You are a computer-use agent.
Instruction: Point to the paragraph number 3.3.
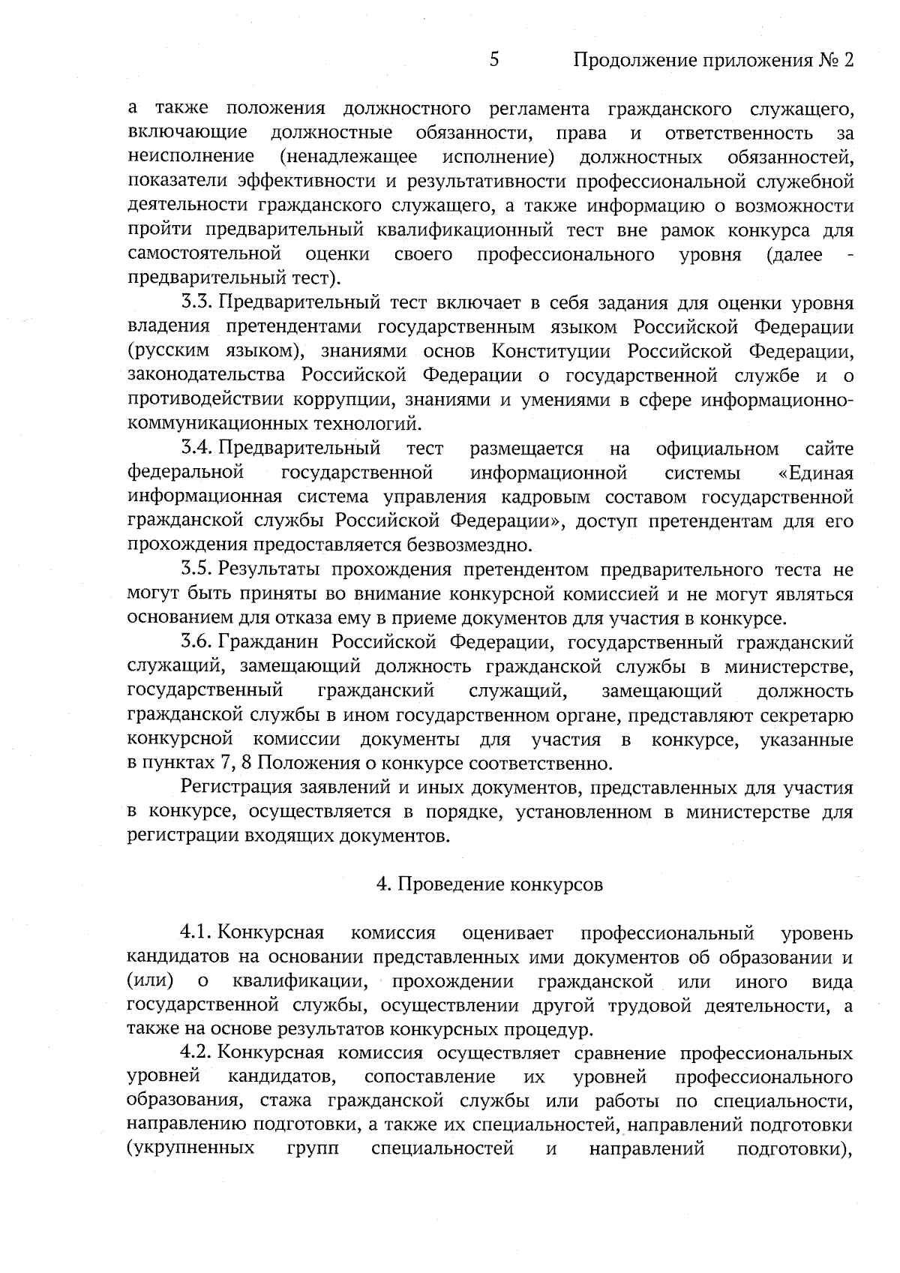point(198,303)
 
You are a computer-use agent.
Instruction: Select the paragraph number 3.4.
point(198,449)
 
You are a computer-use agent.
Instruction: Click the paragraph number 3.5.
point(198,570)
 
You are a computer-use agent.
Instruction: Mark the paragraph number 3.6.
point(198,642)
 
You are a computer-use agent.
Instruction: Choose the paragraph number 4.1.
point(198,933)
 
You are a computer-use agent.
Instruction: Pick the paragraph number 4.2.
point(198,1053)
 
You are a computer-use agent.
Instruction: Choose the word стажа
point(284,1101)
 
